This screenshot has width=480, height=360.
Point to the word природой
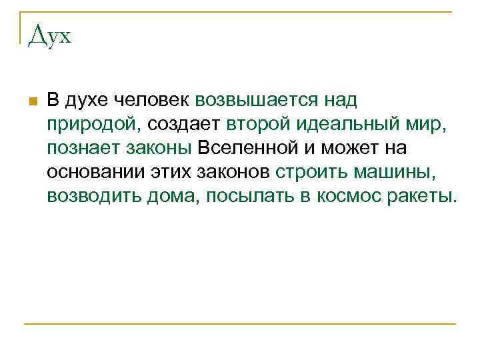pyautogui.click(x=89, y=124)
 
